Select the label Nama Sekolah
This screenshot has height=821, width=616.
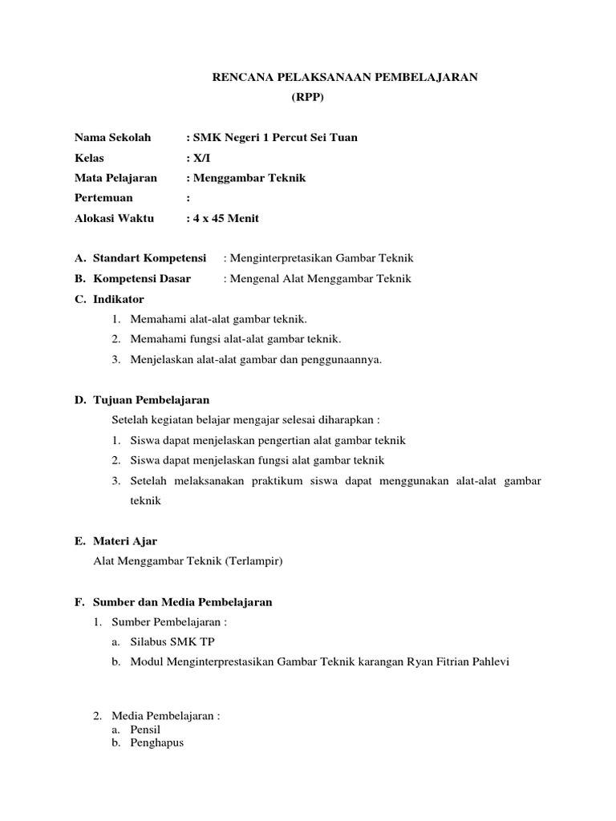coord(112,138)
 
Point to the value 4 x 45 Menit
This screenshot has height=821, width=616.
coord(225,218)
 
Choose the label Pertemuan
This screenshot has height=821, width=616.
coord(103,198)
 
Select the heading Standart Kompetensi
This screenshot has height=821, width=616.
coord(149,258)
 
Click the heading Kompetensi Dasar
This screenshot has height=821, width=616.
coord(142,279)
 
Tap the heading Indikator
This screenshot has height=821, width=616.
coord(119,299)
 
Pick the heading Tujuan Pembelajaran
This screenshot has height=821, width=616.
coord(152,399)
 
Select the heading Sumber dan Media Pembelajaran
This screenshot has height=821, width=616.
coord(183,602)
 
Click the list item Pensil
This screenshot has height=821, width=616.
coord(146,730)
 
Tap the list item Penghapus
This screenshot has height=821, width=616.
coord(157,742)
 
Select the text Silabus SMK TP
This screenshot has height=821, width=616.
coord(172,642)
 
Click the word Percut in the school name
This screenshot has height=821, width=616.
coord(290,138)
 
